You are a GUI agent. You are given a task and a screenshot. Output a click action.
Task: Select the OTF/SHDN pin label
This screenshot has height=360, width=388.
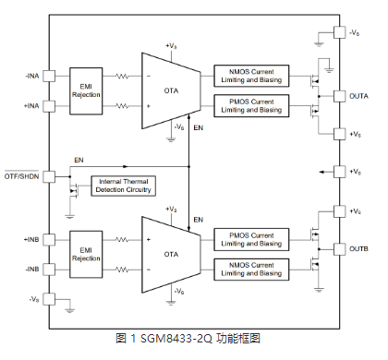point(22,176)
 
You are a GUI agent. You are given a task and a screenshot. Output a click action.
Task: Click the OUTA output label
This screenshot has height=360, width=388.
point(359,95)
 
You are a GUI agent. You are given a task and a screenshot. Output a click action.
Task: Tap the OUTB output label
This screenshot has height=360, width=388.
point(359,249)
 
